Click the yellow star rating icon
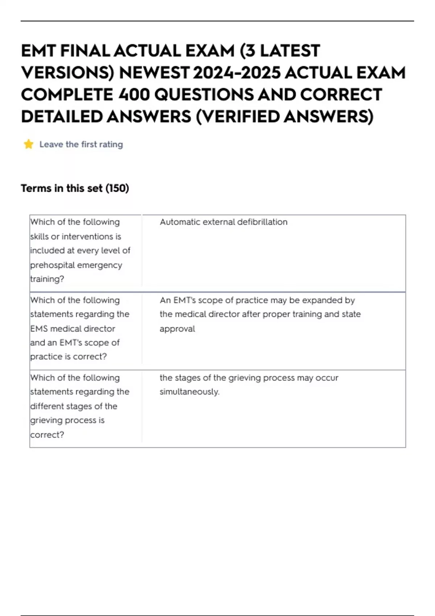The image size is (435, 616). (29, 144)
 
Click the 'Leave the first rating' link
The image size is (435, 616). (81, 144)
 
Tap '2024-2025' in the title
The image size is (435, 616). (236, 73)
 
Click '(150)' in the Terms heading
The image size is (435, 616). (117, 188)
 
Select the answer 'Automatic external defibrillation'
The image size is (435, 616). (223, 222)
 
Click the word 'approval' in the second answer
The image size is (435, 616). (177, 329)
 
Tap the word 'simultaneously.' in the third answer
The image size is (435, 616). (190, 392)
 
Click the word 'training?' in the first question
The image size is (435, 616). (47, 279)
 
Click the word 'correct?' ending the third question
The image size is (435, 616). (47, 434)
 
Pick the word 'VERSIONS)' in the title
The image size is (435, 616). (67, 73)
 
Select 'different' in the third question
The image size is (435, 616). (47, 406)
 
